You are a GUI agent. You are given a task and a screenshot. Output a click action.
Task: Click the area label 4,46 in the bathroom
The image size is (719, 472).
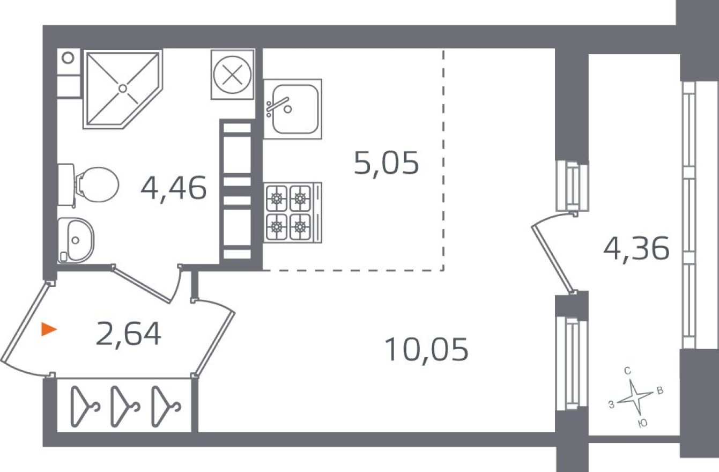tap(173, 188)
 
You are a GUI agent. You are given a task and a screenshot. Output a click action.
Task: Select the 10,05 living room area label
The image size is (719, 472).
tap(426, 349)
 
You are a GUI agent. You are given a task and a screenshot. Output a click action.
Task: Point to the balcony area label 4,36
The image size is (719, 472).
tap(636, 248)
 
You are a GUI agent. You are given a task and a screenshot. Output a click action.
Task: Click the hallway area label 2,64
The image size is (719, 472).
tap(129, 334)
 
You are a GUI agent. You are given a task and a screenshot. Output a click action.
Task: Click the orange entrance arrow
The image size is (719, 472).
tap(49, 329)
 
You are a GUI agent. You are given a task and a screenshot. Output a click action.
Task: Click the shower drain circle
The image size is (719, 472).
tap(123, 88)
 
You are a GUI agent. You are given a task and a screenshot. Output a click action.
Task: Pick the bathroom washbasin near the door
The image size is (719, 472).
tap(76, 240)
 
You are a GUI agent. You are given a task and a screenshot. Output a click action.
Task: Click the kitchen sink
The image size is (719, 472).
tap(293, 109)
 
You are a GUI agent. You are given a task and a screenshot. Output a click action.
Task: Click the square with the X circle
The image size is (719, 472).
tap(232, 74)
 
